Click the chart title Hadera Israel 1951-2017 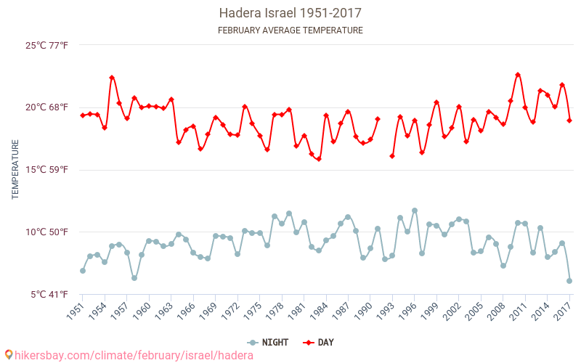290,13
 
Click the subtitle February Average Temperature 290,30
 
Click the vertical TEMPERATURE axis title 15,170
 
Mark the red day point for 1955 112,78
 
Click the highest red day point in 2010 518,75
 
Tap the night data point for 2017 569,281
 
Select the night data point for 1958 134,278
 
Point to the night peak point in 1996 415,211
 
